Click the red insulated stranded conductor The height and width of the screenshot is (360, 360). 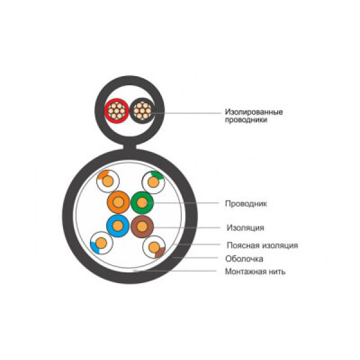(x=116, y=111)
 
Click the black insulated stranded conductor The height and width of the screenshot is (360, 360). (x=142, y=110)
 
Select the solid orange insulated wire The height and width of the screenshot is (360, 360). (x=118, y=202)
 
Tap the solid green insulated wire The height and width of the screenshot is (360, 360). (x=142, y=203)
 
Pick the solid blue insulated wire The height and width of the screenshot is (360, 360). (x=118, y=226)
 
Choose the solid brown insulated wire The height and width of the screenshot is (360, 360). (x=142, y=227)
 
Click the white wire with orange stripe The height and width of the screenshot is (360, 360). (x=108, y=181)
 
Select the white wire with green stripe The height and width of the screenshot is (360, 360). (x=154, y=182)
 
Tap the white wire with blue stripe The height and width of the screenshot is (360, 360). (x=101, y=243)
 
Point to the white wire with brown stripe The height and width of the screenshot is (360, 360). (x=154, y=247)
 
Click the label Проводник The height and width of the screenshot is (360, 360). (x=246, y=203)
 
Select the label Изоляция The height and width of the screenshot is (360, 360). (x=245, y=228)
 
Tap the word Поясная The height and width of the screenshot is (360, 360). (x=243, y=245)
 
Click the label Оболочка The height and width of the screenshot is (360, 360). (x=244, y=259)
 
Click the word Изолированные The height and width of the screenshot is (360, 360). (x=254, y=112)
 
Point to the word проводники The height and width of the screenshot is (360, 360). (x=246, y=120)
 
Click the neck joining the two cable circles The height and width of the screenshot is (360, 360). (x=130, y=146)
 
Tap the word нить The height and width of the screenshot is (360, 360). (x=277, y=272)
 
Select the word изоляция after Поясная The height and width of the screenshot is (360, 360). (x=280, y=245)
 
